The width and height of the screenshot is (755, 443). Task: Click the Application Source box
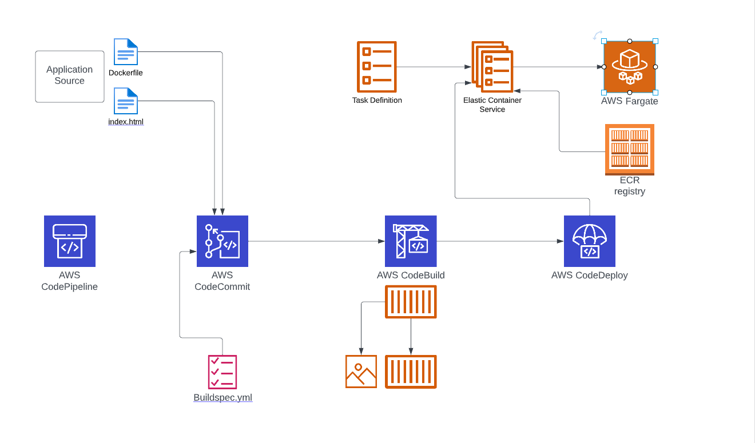[x=70, y=76]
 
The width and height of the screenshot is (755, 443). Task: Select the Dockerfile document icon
[x=126, y=52]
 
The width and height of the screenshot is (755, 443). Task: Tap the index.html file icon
[x=126, y=101]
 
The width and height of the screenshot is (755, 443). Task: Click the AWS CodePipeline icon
[x=70, y=241]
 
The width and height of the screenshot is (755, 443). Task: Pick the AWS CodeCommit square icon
[x=222, y=241]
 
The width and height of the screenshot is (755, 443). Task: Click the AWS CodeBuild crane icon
[x=411, y=241]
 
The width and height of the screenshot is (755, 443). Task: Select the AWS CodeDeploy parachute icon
[x=590, y=241]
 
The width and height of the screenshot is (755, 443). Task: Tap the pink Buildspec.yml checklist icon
[x=222, y=372]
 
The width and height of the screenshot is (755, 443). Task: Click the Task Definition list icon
[x=376, y=67]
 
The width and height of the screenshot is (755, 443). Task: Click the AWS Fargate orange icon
[x=630, y=67]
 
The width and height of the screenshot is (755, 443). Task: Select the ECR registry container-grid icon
[x=630, y=149]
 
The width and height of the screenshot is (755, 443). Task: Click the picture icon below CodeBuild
[x=361, y=372]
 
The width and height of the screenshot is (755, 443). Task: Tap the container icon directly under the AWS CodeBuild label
[x=411, y=302]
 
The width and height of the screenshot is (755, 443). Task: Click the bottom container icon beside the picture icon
[x=411, y=372]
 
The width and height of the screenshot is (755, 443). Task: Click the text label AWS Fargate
[x=630, y=101]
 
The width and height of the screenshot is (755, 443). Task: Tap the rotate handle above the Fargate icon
[x=597, y=35]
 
